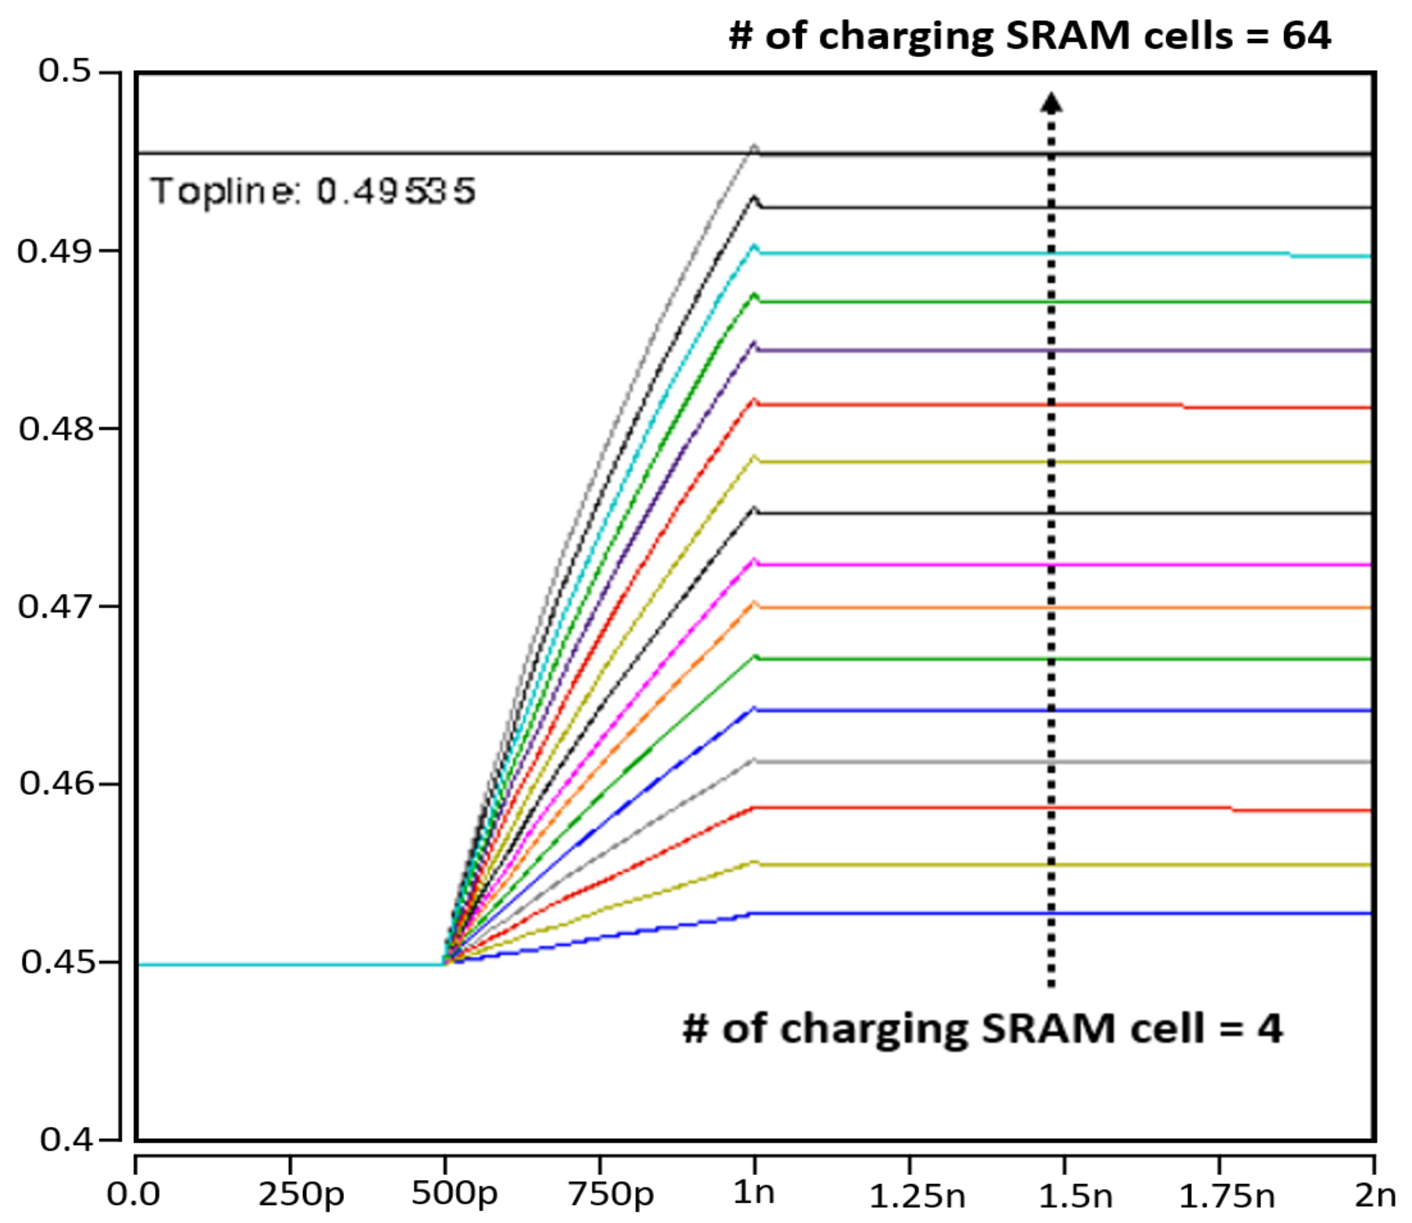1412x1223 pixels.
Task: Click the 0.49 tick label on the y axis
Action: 54,252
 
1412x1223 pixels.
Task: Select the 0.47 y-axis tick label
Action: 54,607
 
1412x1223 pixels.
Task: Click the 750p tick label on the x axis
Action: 611,1195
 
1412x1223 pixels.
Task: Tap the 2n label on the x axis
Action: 1374,1195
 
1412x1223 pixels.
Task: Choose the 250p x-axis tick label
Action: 301,1195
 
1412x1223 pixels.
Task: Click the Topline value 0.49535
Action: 396,191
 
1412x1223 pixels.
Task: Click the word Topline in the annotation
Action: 226,191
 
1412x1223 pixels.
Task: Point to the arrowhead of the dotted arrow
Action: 1051,103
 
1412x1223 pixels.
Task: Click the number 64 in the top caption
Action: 1306,36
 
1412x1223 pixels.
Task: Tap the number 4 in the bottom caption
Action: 1269,1029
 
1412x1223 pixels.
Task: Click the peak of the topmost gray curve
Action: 755,146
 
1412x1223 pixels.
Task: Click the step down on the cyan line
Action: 1290,255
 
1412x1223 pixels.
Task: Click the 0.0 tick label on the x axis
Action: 133,1195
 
